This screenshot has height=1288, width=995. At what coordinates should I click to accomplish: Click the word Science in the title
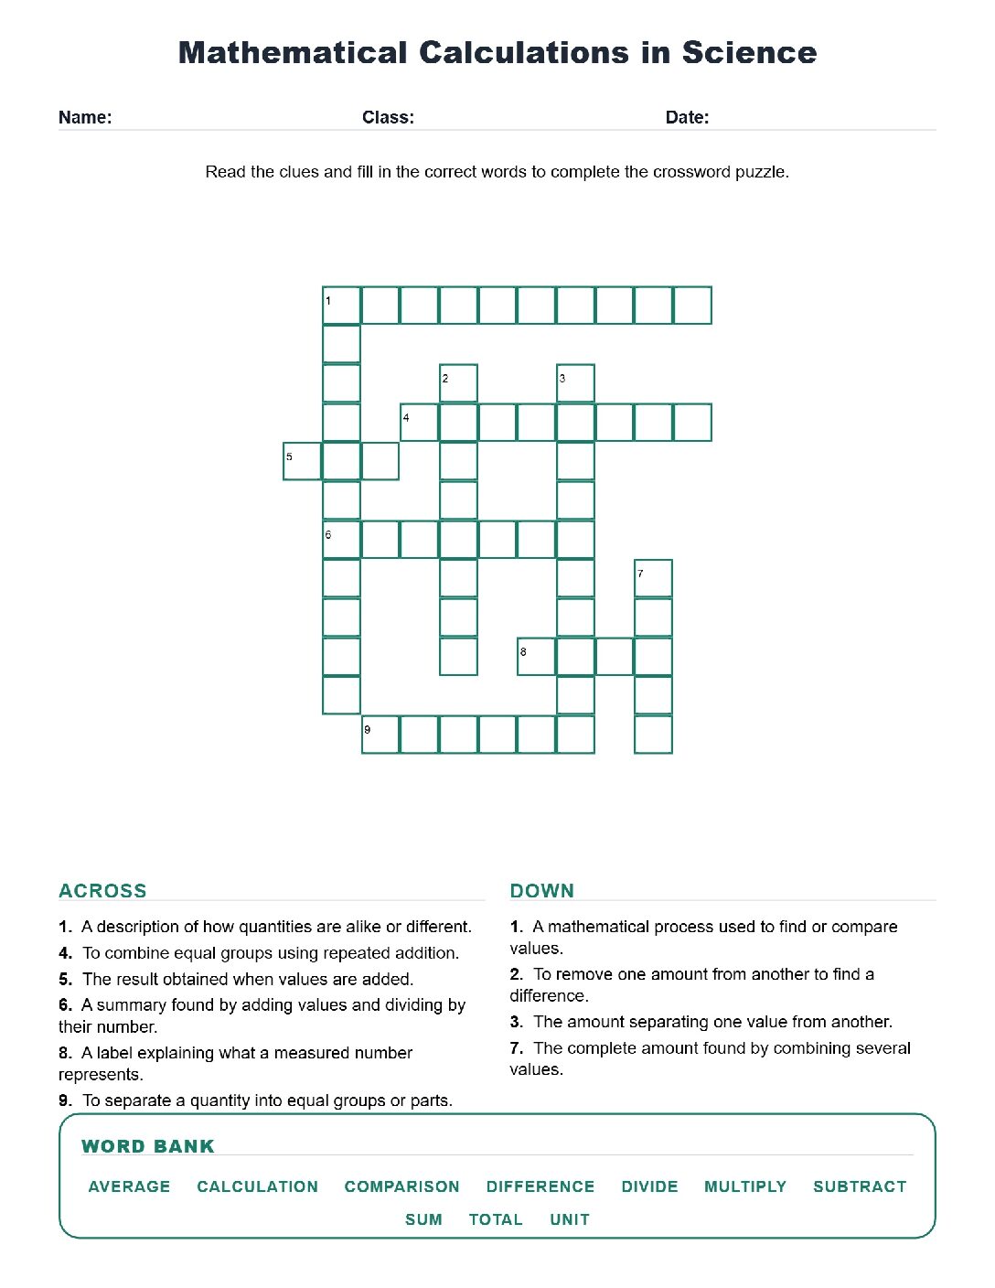(x=749, y=53)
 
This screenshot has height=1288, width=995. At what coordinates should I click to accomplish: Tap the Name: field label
(x=85, y=117)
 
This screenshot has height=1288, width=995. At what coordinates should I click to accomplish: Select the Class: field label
(x=388, y=117)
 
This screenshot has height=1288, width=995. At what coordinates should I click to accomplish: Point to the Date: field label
(x=687, y=117)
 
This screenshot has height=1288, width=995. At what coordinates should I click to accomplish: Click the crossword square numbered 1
(x=341, y=306)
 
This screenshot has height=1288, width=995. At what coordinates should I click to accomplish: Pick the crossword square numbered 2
(x=458, y=383)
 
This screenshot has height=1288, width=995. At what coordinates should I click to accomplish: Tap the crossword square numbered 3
(x=575, y=383)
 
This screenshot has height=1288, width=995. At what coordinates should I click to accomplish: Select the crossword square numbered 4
(x=420, y=423)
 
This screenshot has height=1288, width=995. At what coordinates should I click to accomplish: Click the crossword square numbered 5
(x=302, y=461)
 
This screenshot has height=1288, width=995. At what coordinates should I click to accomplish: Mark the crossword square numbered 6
(x=341, y=540)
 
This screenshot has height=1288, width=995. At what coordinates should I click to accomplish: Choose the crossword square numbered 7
(x=653, y=578)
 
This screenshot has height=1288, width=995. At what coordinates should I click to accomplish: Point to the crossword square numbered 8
(x=536, y=657)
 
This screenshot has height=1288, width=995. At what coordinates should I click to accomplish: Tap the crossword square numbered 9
(x=380, y=735)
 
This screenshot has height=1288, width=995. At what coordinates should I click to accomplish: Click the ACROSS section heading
(x=102, y=891)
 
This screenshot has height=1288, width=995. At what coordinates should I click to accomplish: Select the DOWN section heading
(x=541, y=891)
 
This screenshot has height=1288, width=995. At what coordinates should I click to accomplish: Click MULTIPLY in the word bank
(x=745, y=1186)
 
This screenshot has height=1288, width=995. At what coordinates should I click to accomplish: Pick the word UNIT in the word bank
(x=570, y=1219)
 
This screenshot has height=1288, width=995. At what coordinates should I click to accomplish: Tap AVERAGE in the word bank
(x=129, y=1186)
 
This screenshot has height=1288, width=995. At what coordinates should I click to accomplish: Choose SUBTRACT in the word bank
(x=860, y=1186)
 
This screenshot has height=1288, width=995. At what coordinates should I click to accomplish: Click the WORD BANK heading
(x=147, y=1146)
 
